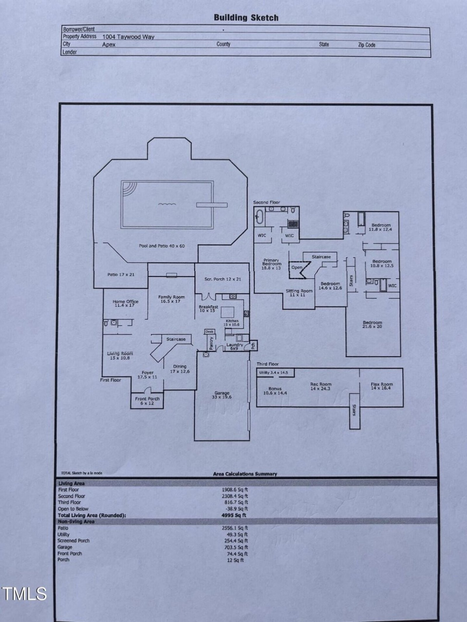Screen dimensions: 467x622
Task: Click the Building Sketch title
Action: coord(246,18)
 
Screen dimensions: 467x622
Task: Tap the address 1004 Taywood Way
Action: coord(128,37)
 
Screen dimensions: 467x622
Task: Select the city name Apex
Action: coord(109,45)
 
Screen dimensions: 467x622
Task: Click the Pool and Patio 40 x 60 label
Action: coord(162,246)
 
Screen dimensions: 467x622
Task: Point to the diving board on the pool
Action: coord(212,205)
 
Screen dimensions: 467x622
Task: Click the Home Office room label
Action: coord(126,304)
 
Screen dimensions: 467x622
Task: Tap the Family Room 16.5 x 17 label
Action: coord(171,299)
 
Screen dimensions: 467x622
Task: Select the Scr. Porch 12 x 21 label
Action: coord(223,279)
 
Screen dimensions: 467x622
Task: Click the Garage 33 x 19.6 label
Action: coord(222,395)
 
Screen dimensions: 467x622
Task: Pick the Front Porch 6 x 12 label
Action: coord(147,401)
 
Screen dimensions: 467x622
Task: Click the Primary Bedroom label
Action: coord(271,264)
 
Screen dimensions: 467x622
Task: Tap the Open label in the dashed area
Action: coord(297,267)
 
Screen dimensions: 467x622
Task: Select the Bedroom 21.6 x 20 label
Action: coord(372,324)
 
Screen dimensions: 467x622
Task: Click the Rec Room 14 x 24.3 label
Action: coord(321,386)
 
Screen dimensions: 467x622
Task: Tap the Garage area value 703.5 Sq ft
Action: coord(236,547)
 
